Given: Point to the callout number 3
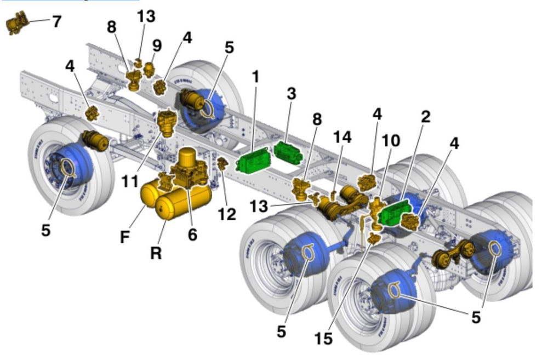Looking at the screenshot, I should click(x=291, y=94).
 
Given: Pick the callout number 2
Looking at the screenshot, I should click(x=425, y=117).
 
